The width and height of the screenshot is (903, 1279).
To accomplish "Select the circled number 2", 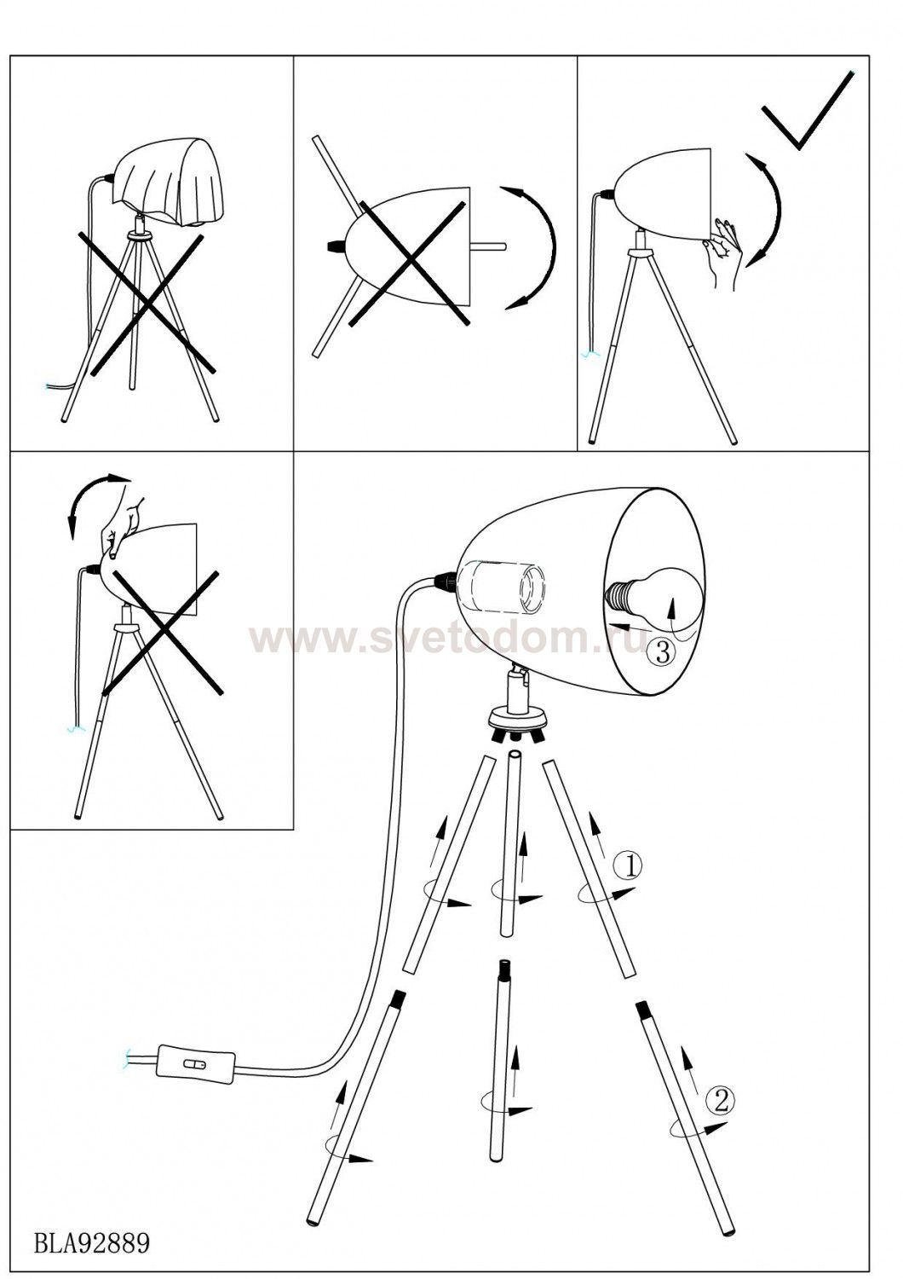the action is tap(721, 1100).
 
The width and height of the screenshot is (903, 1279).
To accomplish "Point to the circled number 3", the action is tap(662, 651).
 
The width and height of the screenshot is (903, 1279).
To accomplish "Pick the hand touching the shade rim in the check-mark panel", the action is tap(723, 252).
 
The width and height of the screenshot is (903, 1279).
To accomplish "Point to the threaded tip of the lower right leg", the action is tap(641, 1012).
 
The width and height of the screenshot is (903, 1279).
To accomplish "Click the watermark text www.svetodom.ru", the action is tap(447, 638).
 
